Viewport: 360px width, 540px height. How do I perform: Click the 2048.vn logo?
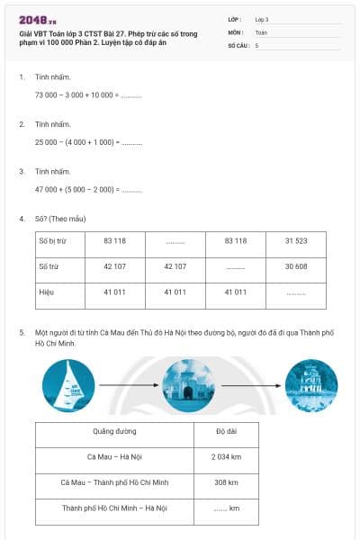pyautogui.click(x=38, y=19)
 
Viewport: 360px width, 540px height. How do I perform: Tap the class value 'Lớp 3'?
pyautogui.click(x=262, y=19)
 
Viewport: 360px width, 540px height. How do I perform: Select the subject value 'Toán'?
pyautogui.click(x=261, y=31)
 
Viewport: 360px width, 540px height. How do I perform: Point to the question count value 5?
pyautogui.click(x=257, y=44)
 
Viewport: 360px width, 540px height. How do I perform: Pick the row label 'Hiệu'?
pyautogui.click(x=47, y=292)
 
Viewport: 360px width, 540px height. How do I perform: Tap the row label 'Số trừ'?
pyautogui.click(x=49, y=266)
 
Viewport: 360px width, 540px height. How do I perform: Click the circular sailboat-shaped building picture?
pyautogui.click(x=68, y=385)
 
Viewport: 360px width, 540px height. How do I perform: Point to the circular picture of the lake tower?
pyautogui.click(x=310, y=385)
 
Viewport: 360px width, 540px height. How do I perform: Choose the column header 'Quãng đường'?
pyautogui.click(x=114, y=431)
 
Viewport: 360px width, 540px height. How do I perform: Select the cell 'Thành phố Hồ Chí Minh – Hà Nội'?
pyautogui.click(x=114, y=508)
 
